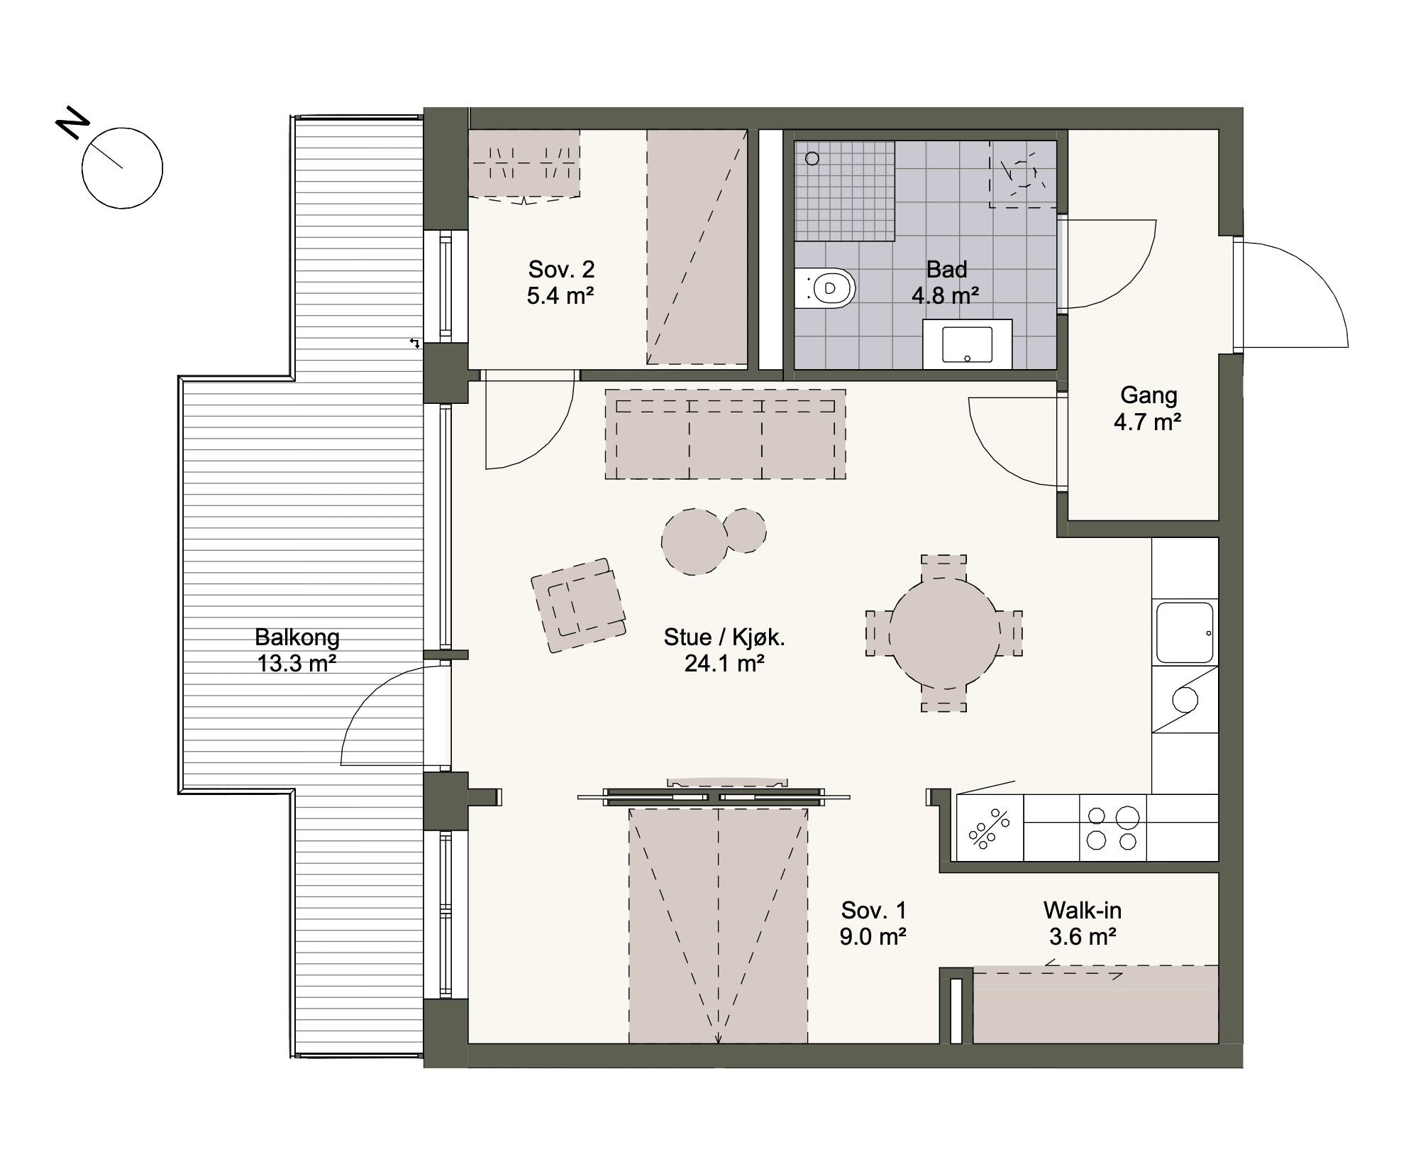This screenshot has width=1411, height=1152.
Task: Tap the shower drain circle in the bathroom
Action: tap(812, 159)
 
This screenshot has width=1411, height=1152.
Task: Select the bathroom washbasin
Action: tap(967, 344)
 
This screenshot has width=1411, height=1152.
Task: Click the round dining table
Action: tap(944, 633)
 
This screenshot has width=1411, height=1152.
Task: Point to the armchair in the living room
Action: tap(578, 605)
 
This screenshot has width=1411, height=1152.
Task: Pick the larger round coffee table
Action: tap(695, 542)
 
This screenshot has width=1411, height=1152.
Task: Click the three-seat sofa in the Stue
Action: tap(725, 434)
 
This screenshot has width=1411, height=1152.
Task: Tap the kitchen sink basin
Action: tap(1185, 632)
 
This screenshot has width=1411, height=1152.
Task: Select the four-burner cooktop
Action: tap(1113, 828)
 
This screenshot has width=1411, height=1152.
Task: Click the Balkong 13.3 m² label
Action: tap(297, 650)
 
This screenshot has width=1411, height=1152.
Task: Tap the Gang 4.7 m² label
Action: tap(1148, 408)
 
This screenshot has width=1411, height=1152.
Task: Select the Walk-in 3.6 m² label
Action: tap(1083, 923)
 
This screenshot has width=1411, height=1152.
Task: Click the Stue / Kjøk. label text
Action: tap(724, 637)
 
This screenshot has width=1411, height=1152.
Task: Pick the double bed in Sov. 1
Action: tap(718, 926)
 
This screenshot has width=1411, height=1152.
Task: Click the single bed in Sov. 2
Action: tap(697, 247)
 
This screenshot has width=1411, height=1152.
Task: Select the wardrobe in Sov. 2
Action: tap(524, 163)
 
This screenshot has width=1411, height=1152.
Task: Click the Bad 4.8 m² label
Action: tap(946, 282)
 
